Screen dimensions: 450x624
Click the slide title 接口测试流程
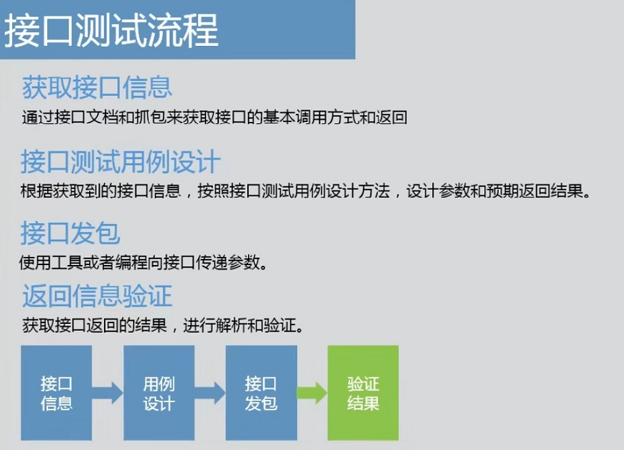(x=112, y=30)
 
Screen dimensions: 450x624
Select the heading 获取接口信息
(x=97, y=87)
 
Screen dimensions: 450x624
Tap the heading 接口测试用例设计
(x=121, y=162)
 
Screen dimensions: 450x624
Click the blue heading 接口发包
(x=71, y=234)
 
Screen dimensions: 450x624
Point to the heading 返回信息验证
(x=97, y=296)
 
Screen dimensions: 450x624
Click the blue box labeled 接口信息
(x=56, y=392)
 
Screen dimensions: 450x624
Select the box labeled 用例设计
(x=158, y=392)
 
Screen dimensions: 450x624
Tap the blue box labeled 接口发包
(x=260, y=392)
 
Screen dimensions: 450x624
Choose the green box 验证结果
(x=363, y=392)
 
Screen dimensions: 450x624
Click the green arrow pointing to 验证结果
(x=312, y=394)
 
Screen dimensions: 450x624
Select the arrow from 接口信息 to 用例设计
(x=108, y=394)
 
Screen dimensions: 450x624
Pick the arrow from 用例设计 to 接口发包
(x=210, y=394)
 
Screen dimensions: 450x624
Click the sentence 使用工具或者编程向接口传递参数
(x=142, y=262)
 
